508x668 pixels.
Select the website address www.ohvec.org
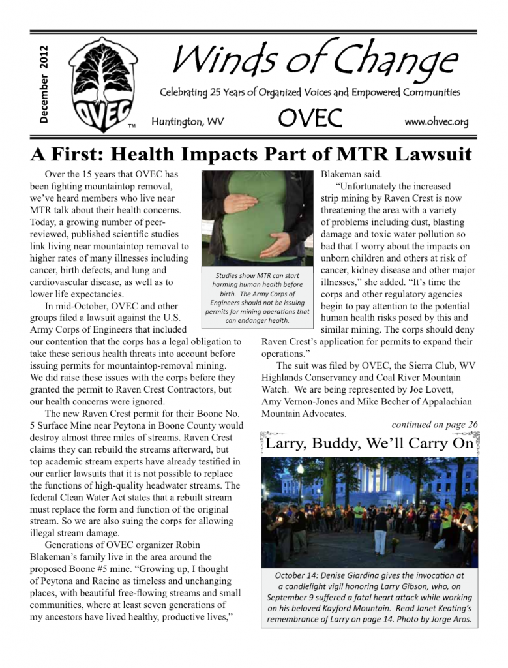pyautogui.click(x=436, y=122)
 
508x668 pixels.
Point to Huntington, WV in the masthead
pyautogui.click(x=187, y=122)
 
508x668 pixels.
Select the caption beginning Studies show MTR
pyautogui.click(x=258, y=297)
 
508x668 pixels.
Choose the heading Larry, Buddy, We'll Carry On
pyautogui.click(x=369, y=445)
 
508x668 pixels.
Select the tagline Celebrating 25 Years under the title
pyautogui.click(x=310, y=93)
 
